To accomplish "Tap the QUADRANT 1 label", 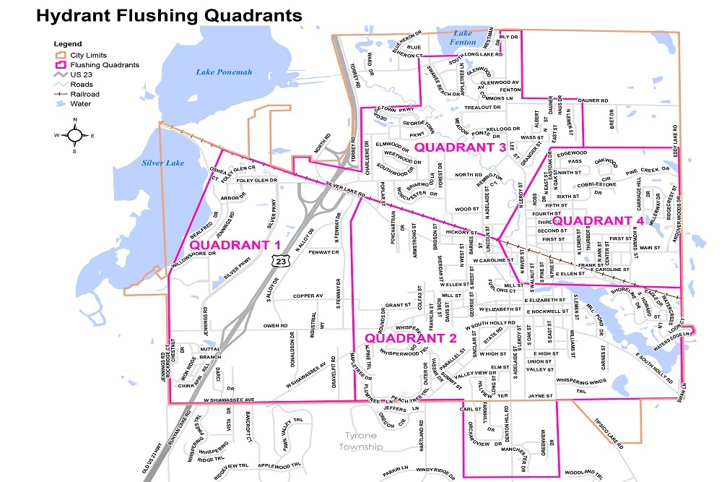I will click(235, 245).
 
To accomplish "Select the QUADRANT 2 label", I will click(410, 338).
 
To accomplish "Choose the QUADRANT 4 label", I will click(599, 220).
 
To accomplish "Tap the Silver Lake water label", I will click(164, 163).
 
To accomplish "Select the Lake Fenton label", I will click(463, 38).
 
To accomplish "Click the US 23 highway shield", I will click(280, 262).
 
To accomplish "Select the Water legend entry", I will click(80, 103).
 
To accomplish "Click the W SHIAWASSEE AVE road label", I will click(229, 400).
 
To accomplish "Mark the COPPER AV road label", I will click(308, 296).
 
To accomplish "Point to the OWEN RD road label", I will click(276, 326).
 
